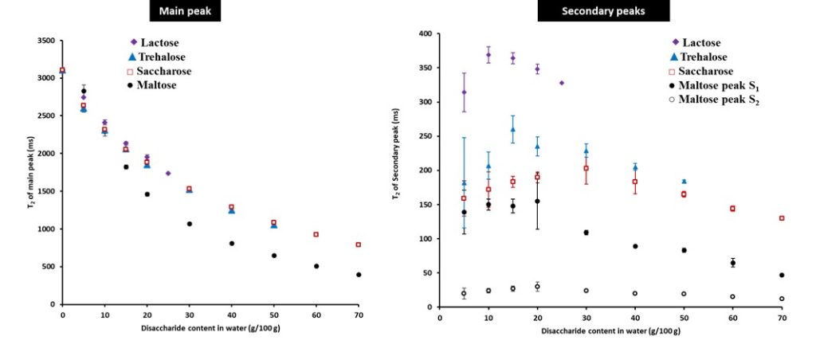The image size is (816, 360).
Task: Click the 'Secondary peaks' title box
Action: tap(603, 10)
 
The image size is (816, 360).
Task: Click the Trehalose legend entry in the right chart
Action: tap(699, 57)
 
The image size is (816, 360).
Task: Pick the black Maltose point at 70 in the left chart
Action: tap(359, 275)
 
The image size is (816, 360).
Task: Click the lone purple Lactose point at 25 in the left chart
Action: tap(168, 173)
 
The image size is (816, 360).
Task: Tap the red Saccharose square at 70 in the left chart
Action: tap(359, 245)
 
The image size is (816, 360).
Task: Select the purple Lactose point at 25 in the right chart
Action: tap(562, 83)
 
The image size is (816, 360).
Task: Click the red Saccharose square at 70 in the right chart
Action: tap(782, 218)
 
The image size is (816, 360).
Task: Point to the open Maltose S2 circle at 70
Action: tap(782, 299)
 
